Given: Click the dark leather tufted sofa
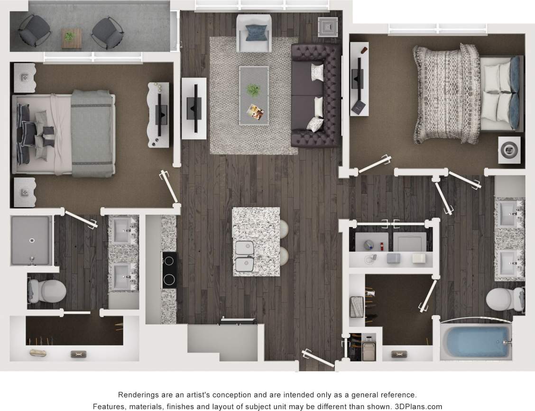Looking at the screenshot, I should tap(316, 95).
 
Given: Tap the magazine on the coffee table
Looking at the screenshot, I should tap(256, 112).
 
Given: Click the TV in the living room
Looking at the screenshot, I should tap(193, 108).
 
